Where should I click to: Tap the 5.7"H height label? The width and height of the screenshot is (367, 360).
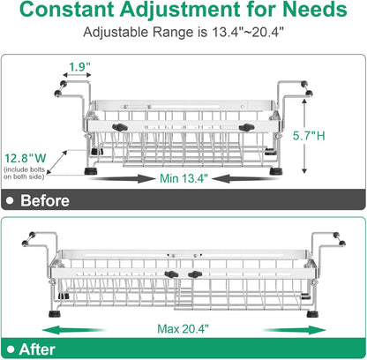point(309,136)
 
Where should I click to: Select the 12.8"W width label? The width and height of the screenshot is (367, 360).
point(26,158)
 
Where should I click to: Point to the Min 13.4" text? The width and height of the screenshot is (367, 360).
point(183,178)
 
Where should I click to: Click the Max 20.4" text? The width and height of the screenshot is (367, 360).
point(183,328)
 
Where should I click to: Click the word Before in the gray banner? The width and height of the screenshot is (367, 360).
point(45,200)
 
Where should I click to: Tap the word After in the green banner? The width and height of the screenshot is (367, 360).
point(37,349)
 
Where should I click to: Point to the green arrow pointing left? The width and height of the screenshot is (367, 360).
point(73,330)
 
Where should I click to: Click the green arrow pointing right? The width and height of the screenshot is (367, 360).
point(295,330)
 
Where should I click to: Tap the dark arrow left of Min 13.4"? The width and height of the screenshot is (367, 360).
point(122,178)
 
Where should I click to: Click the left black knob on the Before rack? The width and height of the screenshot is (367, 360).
point(120,127)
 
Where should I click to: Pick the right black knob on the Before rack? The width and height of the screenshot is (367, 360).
point(246,127)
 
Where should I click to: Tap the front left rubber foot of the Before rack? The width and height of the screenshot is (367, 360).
point(89,171)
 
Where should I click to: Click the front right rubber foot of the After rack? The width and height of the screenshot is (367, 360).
point(312,314)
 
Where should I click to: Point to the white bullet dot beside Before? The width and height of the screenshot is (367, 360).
point(11,200)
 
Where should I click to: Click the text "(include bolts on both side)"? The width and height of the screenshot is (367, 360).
point(25,173)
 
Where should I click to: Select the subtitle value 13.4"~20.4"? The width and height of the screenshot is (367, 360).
point(248,32)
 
